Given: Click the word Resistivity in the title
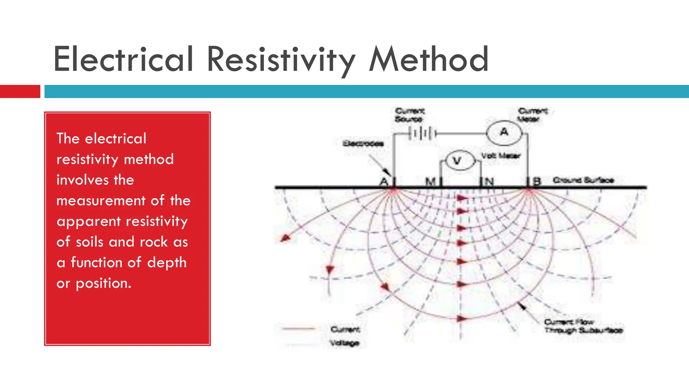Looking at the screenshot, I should point(281,60).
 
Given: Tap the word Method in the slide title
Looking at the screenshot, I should point(429,60).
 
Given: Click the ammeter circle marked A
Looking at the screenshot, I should point(504,133).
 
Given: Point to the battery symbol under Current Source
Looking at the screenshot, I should point(423,134).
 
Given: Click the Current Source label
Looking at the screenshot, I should point(409,115).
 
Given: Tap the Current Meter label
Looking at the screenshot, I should point(533,115).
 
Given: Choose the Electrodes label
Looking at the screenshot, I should point(363,144).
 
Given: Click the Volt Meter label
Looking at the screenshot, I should point(501,156).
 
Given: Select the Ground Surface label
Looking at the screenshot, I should point(583,180).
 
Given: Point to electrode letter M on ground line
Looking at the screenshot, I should point(430,182).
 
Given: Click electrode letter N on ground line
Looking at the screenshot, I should point(489,182).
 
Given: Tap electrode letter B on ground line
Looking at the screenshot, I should point(537,182).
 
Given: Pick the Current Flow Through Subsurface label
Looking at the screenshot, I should point(583,326).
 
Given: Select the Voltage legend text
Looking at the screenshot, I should point(344,343).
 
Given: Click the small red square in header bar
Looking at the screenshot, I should point(20,91).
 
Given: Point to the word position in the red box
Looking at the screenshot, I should point(103,284).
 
